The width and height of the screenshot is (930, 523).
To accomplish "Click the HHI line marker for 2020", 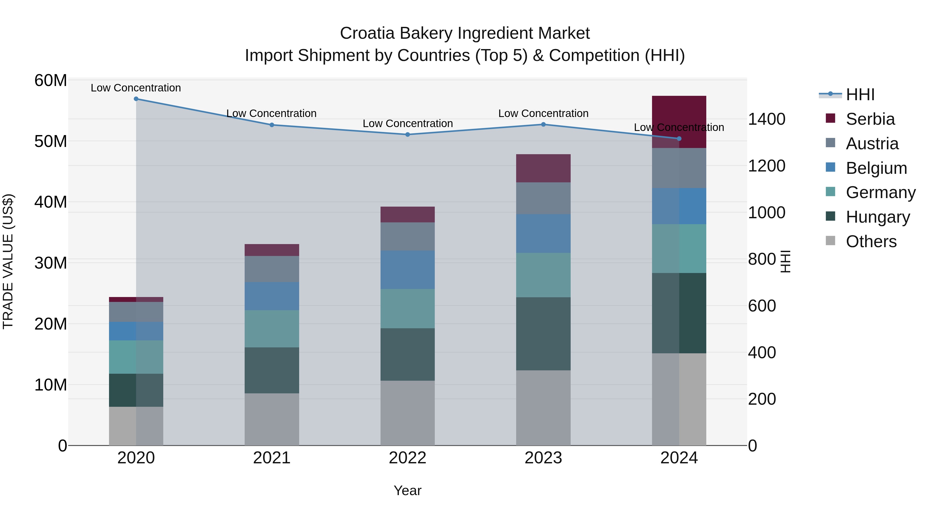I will tap(136, 99).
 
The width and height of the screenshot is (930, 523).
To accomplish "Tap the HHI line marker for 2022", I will tap(408, 135).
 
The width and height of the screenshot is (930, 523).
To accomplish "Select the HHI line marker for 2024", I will tap(679, 139).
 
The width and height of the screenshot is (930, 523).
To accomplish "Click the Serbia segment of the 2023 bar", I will tap(543, 168).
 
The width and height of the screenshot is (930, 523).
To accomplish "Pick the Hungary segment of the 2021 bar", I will tap(272, 370).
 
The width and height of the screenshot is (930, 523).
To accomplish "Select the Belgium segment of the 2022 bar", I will tap(408, 270).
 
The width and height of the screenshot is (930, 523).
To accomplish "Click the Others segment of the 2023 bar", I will tap(543, 408).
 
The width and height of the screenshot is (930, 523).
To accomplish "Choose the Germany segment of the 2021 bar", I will tap(272, 329).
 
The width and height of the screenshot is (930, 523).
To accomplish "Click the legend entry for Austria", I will tap(872, 144).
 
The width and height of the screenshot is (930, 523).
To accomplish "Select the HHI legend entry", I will tap(860, 95).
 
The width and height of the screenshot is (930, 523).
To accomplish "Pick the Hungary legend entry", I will tap(878, 217).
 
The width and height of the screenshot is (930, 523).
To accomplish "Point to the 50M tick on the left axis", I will tap(51, 141).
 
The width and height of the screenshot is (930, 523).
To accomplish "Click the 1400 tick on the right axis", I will tap(766, 119).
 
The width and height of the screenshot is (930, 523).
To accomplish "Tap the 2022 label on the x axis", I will tap(408, 458).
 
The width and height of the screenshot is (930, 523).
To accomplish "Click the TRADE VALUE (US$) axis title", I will tap(8, 262).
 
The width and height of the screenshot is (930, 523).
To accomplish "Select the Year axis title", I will tap(408, 490).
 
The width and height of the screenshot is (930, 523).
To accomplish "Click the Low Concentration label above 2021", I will tap(272, 113).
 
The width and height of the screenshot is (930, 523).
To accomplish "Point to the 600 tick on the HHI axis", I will tap(762, 306).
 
